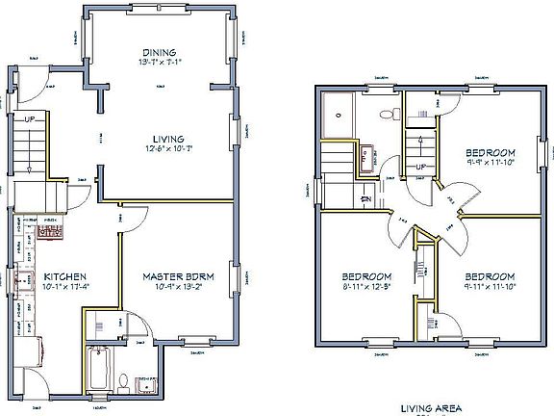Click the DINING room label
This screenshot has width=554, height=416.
pos(158,52)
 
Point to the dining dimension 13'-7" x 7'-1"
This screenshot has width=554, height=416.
pos(158,63)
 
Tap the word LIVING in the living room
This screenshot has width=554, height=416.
pos(167,139)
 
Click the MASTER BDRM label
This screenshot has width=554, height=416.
pos(178,277)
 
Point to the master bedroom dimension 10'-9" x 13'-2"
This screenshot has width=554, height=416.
pos(178,288)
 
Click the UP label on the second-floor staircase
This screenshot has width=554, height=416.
pos(421,167)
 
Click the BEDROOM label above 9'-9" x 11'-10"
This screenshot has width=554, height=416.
pos(491,153)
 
